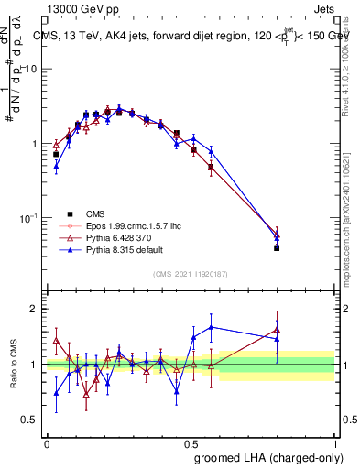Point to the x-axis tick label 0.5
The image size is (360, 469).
pyautogui.click(x=190, y=442)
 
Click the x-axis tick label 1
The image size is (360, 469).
pyautogui.click(x=334, y=442)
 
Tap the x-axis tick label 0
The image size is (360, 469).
pyautogui.click(x=46, y=442)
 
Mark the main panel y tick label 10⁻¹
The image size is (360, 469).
pyautogui.click(x=30, y=219)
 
